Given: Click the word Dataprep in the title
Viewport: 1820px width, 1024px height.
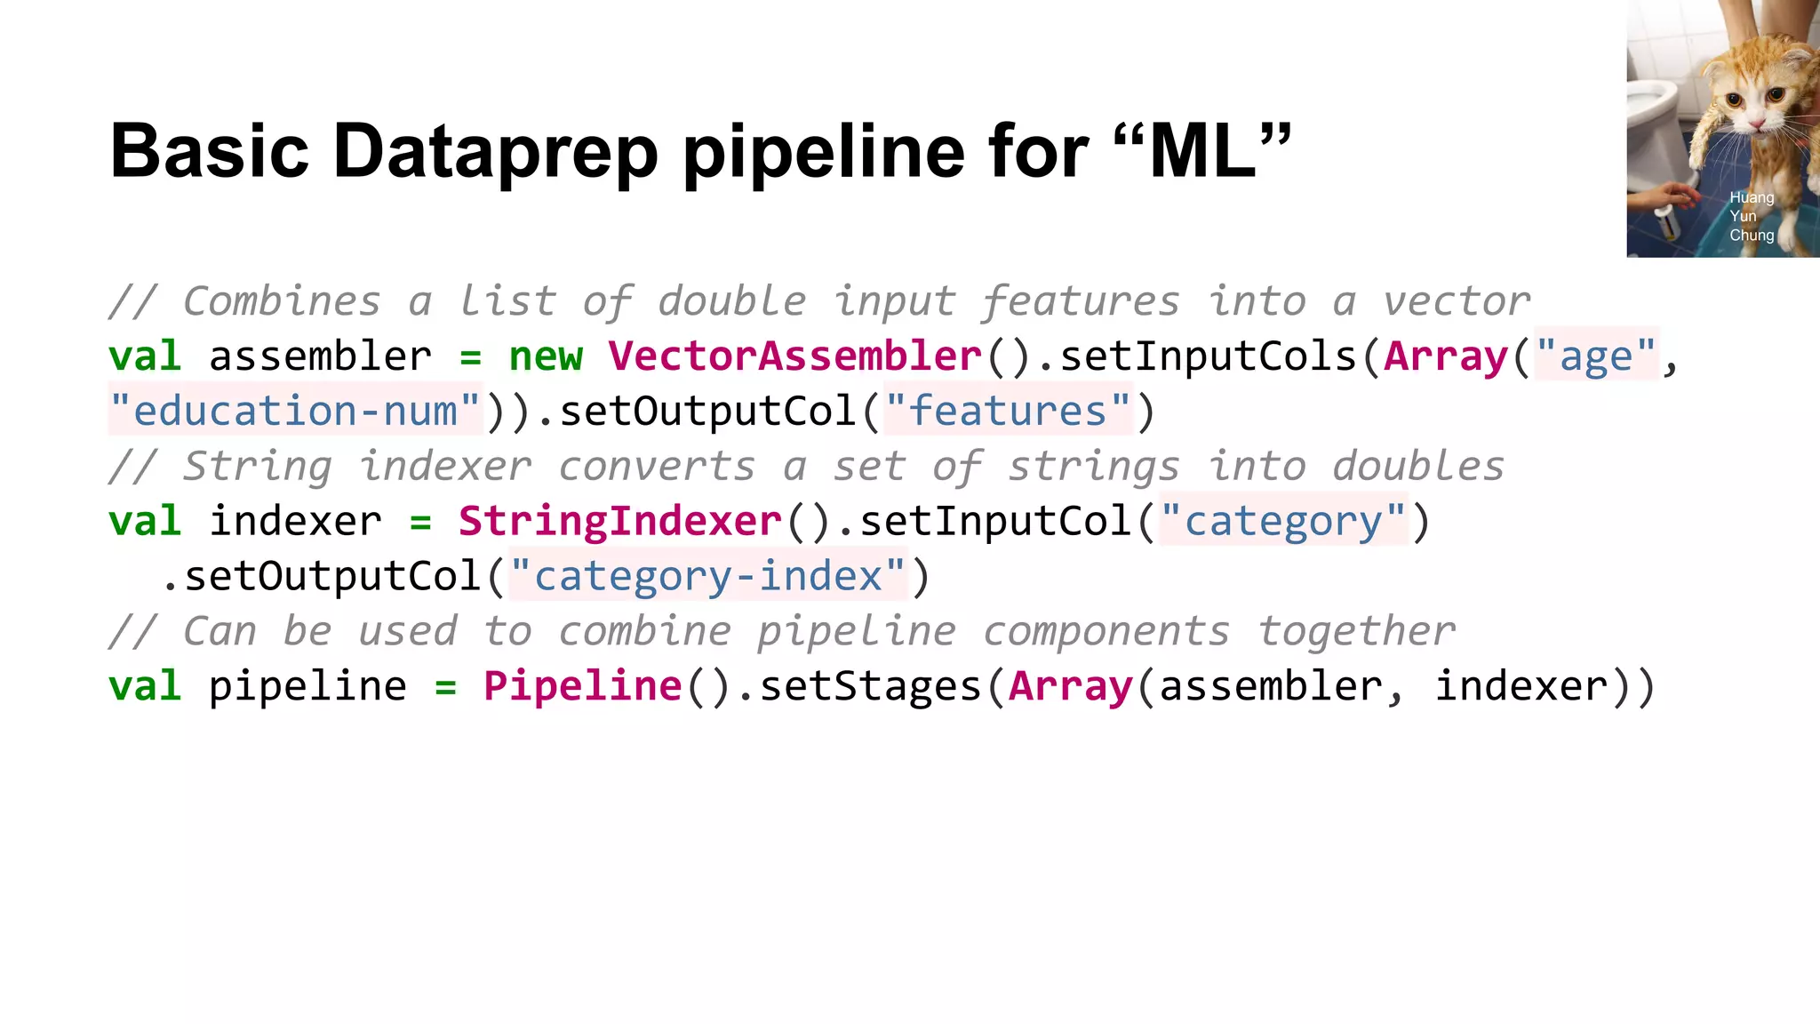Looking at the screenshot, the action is [495, 151].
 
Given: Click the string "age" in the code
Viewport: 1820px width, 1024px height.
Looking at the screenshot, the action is [1596, 356].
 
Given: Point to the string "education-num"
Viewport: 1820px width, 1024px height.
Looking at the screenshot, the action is [294, 412].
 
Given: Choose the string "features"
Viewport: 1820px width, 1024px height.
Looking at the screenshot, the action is [1009, 412].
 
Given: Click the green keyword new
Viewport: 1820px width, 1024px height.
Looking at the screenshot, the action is [546, 356].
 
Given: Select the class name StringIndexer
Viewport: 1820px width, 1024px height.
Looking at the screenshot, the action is [619, 521].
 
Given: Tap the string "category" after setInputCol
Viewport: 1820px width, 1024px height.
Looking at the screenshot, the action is [1283, 521].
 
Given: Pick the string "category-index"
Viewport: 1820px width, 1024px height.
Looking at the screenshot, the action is [707, 576].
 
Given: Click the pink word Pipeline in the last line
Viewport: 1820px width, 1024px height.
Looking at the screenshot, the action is [582, 686].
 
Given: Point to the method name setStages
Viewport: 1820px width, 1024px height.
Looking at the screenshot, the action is [870, 686].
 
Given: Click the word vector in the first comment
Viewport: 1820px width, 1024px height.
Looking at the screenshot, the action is [1457, 301].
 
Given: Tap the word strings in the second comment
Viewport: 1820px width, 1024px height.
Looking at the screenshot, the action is [1093, 467].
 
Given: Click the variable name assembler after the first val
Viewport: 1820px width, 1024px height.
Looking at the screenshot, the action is [320, 356].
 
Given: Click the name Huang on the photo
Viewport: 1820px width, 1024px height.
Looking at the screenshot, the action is [1751, 197].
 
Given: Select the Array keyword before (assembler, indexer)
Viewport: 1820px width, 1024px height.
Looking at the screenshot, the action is [1071, 686].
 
